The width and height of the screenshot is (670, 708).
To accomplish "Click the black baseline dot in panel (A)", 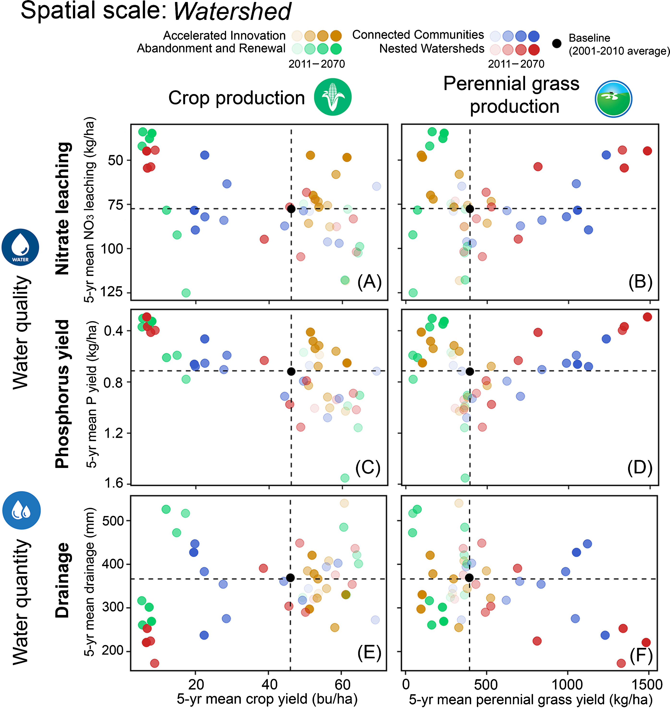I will click(291, 209).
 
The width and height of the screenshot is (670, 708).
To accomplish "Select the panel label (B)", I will click(640, 282).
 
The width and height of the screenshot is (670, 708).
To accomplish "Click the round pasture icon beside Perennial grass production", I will click(613, 99).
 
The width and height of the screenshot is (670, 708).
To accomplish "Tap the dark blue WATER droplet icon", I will click(20, 247).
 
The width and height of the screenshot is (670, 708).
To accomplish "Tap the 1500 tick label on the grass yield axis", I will click(647, 684).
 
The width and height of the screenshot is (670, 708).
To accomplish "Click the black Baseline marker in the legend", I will click(556, 44).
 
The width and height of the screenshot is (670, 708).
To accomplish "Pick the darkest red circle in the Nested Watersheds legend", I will click(534, 50).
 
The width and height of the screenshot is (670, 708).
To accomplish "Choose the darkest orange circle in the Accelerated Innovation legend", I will click(336, 36).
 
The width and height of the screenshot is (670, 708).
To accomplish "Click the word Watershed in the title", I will click(232, 12).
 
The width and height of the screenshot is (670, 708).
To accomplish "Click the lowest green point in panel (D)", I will click(465, 477).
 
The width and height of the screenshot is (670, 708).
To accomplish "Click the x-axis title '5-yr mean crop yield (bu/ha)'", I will click(267, 699).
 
